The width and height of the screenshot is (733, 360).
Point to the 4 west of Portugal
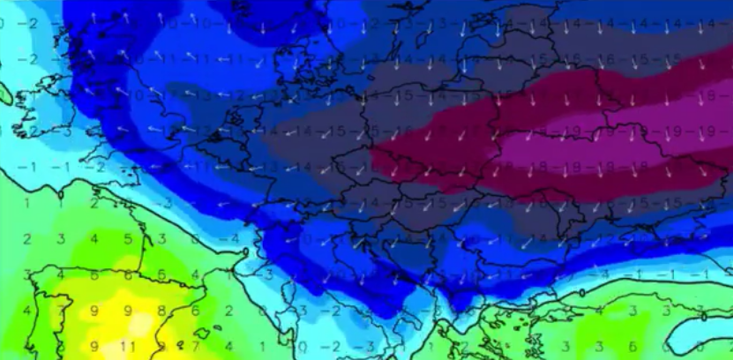point(26,311)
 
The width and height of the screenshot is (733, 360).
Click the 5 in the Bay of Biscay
point(128,239)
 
